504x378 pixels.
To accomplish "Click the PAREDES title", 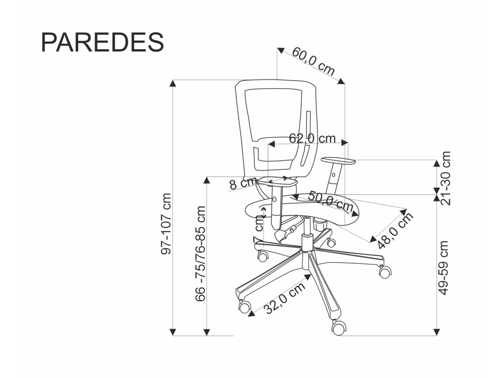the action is (102, 42).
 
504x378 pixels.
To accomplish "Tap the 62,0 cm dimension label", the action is (312, 138).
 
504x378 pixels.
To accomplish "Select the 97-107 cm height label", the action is (166, 224).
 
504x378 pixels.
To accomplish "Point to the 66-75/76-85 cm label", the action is (200, 253).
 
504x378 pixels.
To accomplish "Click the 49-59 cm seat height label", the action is (443, 267).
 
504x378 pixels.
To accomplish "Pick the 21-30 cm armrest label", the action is (446, 178).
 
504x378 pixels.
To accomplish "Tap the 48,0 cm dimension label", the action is (395, 230).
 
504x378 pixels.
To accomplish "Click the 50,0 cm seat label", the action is (330, 201).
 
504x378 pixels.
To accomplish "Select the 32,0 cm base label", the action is (284, 298).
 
